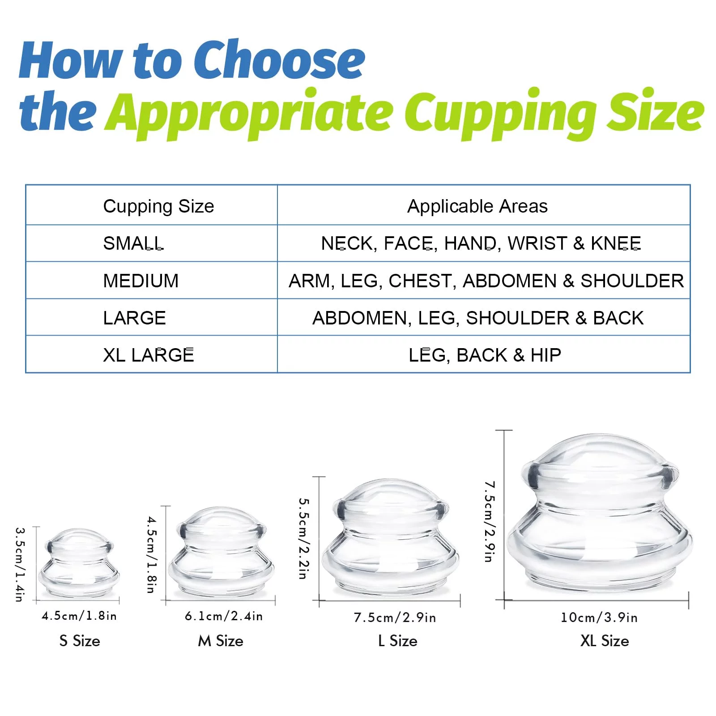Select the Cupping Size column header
tap(158, 207)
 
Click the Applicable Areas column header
tap(477, 206)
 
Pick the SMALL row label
tap(133, 243)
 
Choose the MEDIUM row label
tap(141, 281)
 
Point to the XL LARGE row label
tap(149, 355)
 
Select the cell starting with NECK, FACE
tap(481, 243)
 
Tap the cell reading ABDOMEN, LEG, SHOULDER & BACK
tap(478, 318)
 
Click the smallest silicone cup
tap(79, 563)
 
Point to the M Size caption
tap(221, 641)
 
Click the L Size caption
tap(397, 641)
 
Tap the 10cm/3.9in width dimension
tap(599, 618)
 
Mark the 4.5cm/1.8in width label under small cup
tap(79, 616)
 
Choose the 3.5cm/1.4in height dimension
tap(20, 564)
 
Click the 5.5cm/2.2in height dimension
tap(303, 538)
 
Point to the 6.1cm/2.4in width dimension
tap(224, 616)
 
